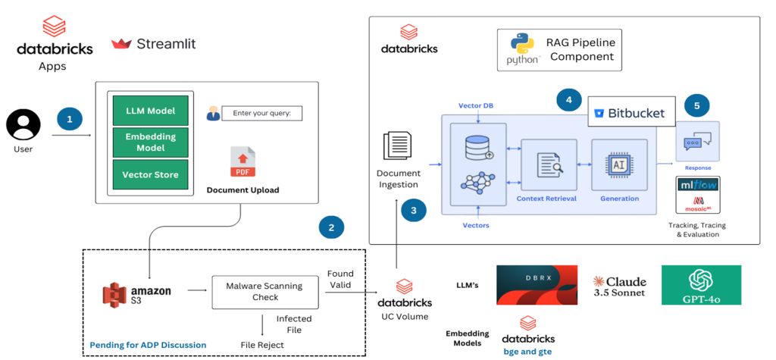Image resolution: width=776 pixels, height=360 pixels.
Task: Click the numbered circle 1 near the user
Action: click(70, 120)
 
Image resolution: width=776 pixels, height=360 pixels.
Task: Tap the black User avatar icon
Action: click(23, 125)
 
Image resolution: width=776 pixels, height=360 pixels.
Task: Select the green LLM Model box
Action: click(150, 111)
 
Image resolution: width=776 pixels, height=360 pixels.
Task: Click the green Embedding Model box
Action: click(150, 142)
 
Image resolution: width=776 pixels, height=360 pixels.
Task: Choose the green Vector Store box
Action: click(150, 174)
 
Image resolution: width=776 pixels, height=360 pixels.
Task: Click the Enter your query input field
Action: click(261, 114)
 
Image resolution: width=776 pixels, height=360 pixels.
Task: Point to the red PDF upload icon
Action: click(242, 161)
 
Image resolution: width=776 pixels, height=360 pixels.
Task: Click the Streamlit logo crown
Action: click(121, 44)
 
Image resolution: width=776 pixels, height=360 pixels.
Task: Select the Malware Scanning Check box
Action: click(264, 292)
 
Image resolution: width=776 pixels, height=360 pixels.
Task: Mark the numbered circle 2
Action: click(331, 226)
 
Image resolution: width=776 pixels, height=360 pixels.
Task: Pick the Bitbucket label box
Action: click(630, 114)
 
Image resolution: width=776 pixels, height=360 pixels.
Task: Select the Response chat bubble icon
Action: click(696, 142)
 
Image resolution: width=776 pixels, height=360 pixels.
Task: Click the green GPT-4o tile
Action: click(700, 284)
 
